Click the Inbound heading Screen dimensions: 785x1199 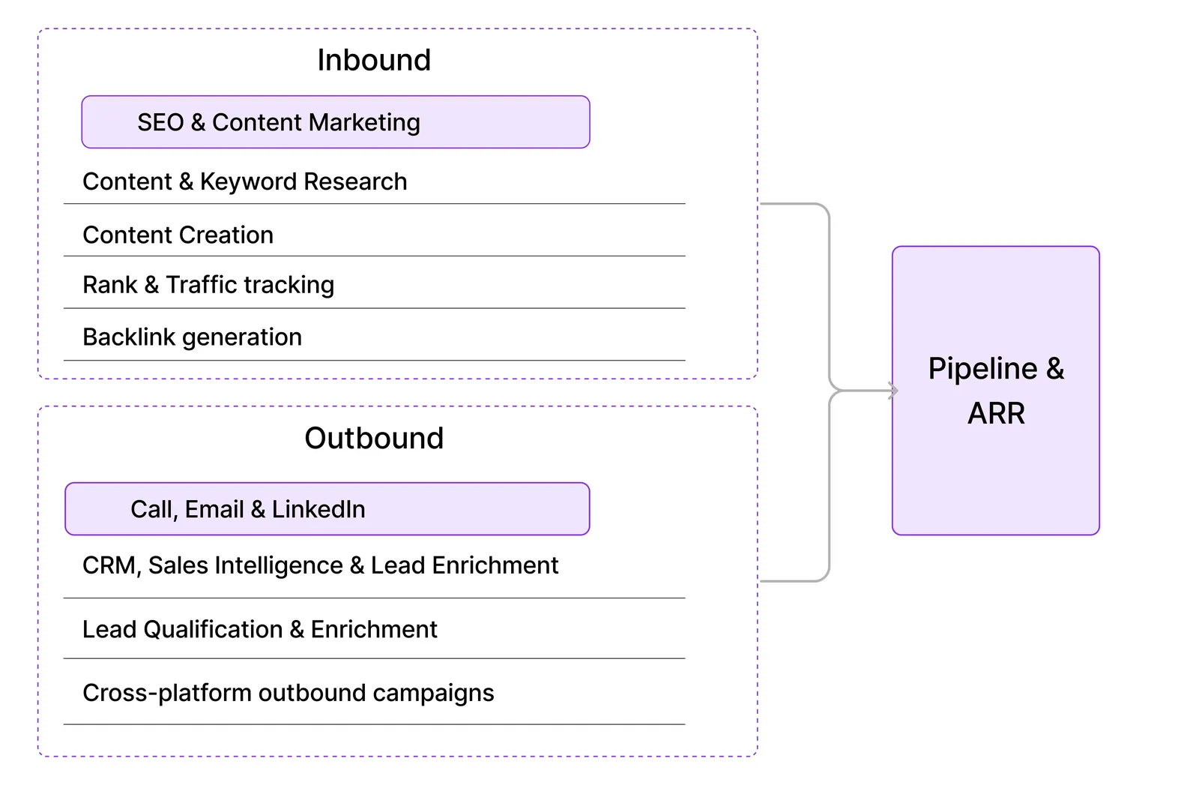point(374,60)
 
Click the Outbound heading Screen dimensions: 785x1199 point(374,438)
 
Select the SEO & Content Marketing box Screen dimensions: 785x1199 point(335,122)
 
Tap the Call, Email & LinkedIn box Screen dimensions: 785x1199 point(327,509)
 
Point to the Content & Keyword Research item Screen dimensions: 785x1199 point(244,182)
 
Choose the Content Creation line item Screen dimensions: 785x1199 point(178,235)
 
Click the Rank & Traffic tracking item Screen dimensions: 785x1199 point(208,285)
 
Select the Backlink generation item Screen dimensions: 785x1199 point(192,337)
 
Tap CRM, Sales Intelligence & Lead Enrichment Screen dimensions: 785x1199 point(320,565)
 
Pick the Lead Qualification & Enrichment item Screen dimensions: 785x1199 point(259,630)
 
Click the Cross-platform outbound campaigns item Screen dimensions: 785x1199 point(288,694)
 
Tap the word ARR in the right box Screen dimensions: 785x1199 point(996,413)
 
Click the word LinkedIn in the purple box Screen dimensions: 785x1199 point(318,510)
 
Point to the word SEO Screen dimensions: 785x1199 point(160,122)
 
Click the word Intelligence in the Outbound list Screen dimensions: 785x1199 point(278,565)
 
